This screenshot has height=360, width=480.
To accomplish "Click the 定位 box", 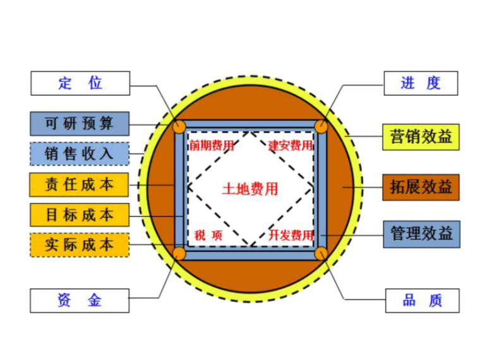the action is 80,83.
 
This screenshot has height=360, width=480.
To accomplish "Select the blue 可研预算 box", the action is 80,123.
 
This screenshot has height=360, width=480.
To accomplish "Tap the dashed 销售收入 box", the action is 80,153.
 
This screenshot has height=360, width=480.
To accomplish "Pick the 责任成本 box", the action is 80,184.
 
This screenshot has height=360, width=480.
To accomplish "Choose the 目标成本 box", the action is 80,215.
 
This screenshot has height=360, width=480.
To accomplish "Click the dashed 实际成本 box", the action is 80,244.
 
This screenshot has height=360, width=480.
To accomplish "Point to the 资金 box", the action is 80,300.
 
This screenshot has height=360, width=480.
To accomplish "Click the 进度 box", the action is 421,83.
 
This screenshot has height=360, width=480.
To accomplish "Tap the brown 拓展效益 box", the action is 421,188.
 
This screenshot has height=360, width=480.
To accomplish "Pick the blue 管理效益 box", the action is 421,234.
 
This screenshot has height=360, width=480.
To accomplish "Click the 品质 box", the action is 421,300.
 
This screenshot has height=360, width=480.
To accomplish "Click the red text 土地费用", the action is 250,189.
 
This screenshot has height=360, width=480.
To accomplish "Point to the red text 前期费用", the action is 212,146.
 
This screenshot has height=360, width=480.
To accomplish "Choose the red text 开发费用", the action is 290,236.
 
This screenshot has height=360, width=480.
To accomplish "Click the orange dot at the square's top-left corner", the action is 180,126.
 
